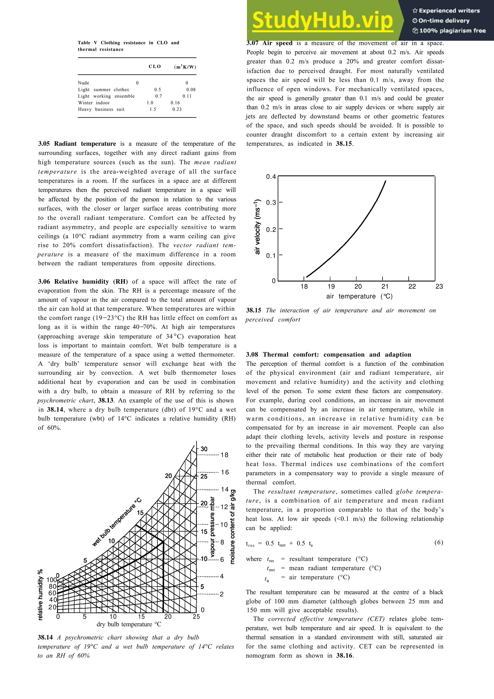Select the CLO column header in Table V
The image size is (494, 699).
click(155, 66)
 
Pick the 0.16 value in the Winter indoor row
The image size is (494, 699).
click(175, 103)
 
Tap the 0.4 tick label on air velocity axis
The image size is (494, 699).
click(271, 177)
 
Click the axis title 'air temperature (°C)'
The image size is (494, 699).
click(359, 296)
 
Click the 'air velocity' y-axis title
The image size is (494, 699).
click(258, 226)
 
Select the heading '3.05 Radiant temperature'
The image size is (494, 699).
click(77, 144)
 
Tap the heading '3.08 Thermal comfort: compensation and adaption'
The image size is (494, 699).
click(329, 354)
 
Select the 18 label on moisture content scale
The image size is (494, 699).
click(224, 455)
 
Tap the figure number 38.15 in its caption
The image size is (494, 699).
click(254, 310)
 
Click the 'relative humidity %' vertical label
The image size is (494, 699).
click(40, 594)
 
